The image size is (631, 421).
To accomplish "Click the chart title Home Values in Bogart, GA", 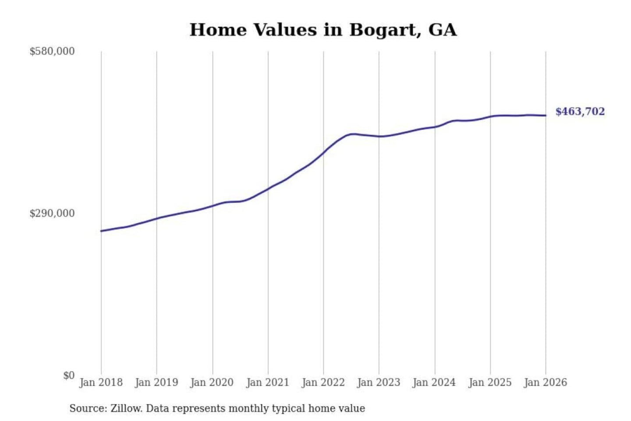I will click(x=323, y=30).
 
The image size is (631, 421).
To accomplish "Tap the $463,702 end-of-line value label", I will click(x=580, y=111).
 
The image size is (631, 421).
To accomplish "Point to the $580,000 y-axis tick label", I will click(x=52, y=51).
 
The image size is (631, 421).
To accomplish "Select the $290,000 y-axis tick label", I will click(x=52, y=214).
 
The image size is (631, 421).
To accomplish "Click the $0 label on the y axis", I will click(x=69, y=375).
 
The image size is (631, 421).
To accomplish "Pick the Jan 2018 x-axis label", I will click(x=101, y=382).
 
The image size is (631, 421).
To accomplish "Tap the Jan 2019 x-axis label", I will click(x=156, y=382).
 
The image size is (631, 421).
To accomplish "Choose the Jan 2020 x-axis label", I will click(x=212, y=382).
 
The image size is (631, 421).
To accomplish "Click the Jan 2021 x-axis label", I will click(x=268, y=382).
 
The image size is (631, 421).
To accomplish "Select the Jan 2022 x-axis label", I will click(x=323, y=382).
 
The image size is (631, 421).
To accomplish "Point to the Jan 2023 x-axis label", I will click(x=379, y=382).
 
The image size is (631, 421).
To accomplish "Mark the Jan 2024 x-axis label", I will click(x=434, y=382).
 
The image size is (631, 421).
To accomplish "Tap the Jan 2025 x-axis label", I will click(x=490, y=382).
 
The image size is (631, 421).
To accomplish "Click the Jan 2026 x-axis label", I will click(x=546, y=382).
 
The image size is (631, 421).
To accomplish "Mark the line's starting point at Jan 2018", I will click(x=101, y=231).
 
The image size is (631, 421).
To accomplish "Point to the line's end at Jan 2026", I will click(x=546, y=115).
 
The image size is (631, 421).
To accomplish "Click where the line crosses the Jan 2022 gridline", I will click(x=324, y=153).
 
